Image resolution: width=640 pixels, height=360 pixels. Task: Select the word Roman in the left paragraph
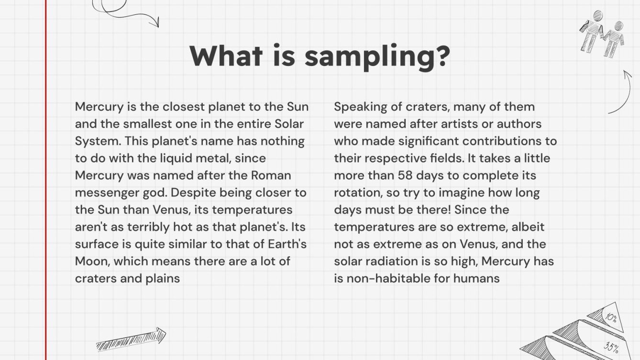(271, 175)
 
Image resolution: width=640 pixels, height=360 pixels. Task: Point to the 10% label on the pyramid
(611, 317)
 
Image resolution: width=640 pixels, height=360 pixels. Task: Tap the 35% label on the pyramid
(611, 347)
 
